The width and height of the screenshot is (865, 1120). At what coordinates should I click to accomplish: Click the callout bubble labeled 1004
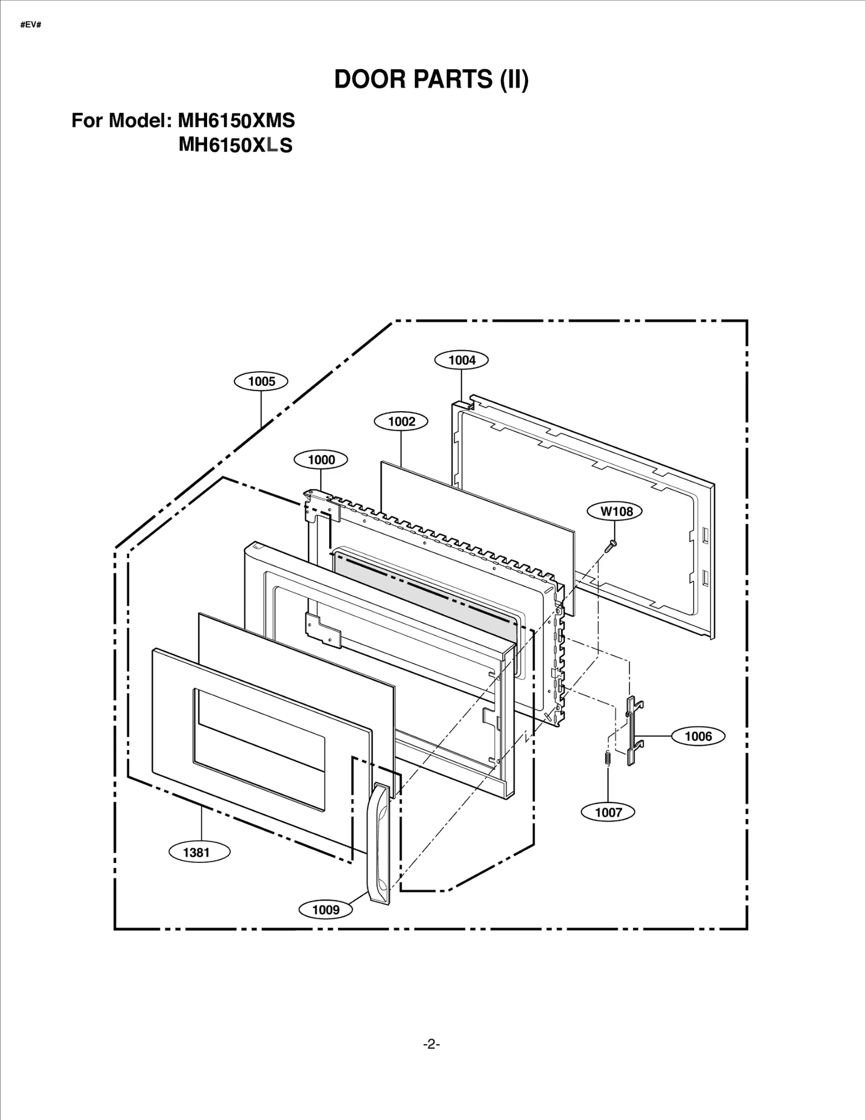462,360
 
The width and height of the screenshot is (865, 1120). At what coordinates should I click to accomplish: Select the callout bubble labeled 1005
261,381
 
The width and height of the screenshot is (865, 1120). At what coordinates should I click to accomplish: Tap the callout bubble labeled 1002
401,421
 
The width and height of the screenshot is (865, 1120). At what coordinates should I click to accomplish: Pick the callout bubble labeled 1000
321,460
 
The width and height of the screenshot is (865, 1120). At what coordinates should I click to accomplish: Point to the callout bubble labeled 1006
698,736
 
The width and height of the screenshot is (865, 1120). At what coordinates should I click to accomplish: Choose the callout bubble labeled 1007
608,812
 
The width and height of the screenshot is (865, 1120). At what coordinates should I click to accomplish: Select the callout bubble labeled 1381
196,853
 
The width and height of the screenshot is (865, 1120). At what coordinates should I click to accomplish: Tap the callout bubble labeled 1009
325,910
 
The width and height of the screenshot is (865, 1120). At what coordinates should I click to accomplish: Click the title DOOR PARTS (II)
431,79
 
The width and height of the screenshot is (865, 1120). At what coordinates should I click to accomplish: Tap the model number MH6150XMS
236,120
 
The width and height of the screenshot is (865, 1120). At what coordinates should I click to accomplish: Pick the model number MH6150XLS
236,145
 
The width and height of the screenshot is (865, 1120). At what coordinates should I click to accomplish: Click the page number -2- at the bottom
431,1044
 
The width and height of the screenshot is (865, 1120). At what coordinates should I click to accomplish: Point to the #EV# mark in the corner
31,25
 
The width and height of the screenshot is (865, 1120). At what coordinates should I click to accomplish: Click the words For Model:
121,120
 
